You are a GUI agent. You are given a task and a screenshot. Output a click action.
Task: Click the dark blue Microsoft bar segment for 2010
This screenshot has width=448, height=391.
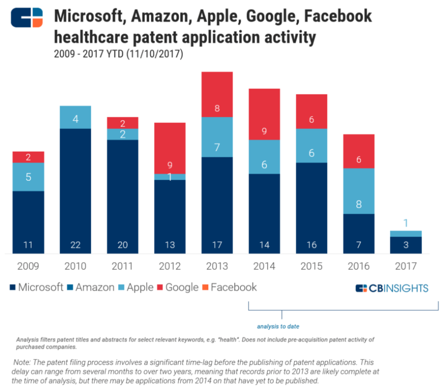click(75, 190)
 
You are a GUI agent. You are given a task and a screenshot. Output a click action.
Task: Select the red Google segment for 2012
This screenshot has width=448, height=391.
click(170, 148)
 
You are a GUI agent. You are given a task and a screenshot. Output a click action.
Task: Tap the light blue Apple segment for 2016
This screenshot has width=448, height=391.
click(358, 190)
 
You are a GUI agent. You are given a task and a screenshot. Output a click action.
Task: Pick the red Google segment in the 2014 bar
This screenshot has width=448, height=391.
click(264, 114)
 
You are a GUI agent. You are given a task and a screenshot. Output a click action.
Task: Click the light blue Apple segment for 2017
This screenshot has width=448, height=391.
click(406, 234)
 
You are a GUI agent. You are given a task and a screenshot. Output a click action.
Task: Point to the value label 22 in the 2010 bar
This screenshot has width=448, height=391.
click(75, 245)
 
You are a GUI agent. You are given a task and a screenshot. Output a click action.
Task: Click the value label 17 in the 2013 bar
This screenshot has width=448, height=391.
click(217, 245)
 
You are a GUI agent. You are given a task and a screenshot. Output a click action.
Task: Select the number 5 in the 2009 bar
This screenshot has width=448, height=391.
click(28, 177)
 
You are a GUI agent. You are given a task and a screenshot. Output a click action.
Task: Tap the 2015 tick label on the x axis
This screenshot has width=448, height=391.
click(311, 266)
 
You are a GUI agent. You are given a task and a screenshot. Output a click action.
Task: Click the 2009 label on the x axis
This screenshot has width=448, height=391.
click(28, 266)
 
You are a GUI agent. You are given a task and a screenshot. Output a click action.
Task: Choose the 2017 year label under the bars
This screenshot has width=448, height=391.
click(406, 266)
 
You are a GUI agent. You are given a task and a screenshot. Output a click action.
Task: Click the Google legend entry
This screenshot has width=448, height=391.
click(176, 287)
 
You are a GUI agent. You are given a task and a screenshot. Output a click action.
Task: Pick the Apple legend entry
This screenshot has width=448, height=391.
click(134, 287)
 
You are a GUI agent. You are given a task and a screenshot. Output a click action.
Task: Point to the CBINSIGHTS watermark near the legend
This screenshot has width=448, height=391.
click(391, 288)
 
